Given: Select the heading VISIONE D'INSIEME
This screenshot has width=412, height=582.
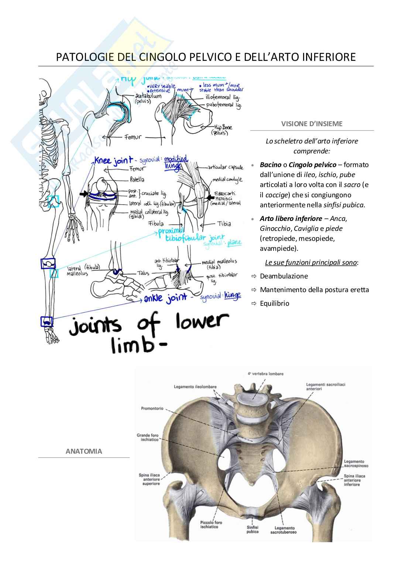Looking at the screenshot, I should coord(312,124).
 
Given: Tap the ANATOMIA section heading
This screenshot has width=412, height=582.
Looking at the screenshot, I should coord(84,451).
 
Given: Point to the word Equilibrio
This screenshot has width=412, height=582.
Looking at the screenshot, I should coord(274,304).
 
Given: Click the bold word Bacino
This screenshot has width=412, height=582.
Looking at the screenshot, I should coord(270,165).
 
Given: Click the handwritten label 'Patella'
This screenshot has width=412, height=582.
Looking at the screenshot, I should coord(137,180).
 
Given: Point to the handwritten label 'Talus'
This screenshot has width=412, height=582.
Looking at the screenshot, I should coord(143,273).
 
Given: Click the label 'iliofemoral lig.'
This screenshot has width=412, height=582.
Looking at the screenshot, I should coord(223,97).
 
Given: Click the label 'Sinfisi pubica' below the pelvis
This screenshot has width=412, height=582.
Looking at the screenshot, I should coord(253,530).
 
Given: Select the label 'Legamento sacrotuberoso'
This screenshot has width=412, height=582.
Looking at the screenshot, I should coord(283,530).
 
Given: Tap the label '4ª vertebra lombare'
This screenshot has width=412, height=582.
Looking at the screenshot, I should coord(266,374).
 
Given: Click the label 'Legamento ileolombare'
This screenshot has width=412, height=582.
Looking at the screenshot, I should coord(195,387).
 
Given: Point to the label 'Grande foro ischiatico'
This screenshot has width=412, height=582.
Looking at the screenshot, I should coord(148,437).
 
